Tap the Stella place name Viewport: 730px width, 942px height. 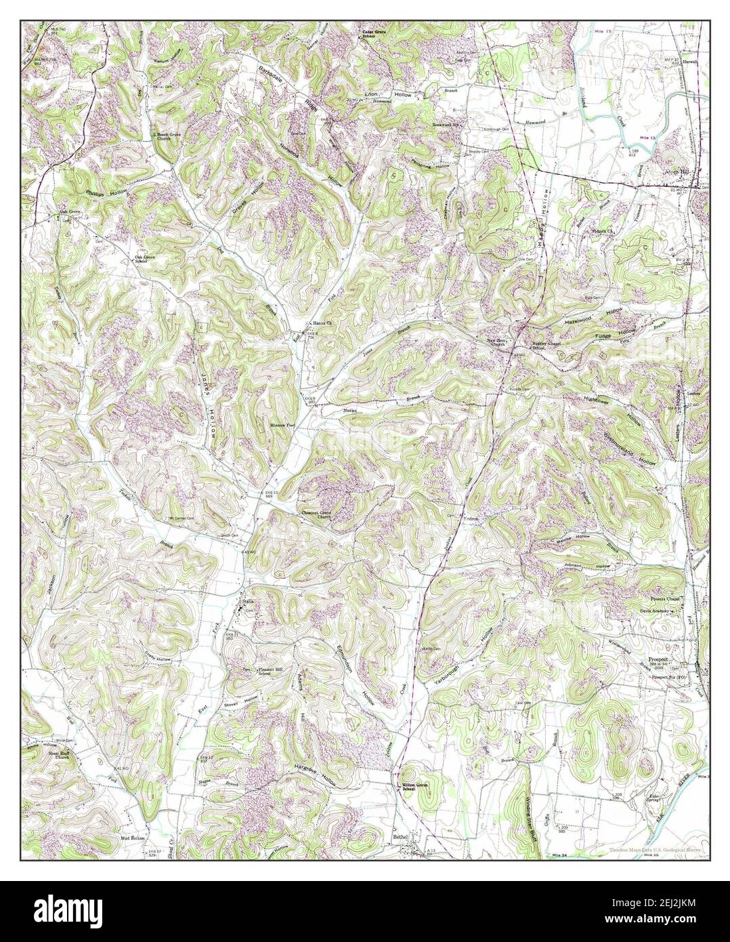point(240,600)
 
